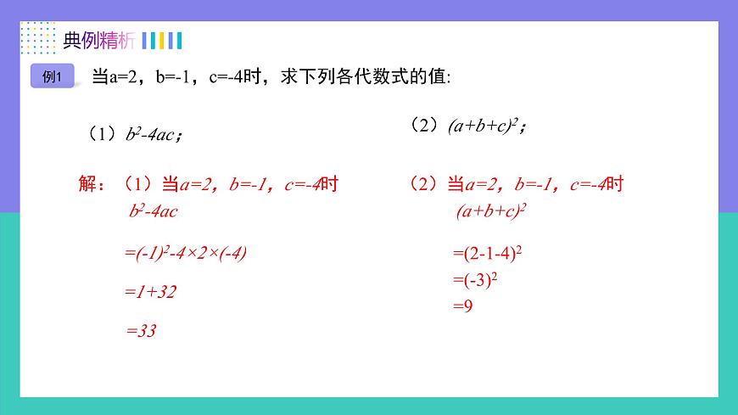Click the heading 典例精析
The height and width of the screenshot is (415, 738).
click(98, 41)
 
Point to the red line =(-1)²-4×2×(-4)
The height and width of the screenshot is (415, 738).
click(185, 252)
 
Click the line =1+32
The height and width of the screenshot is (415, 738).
click(150, 292)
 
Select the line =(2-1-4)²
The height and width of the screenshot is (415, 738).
click(487, 253)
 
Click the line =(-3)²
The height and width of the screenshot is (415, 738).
click(475, 279)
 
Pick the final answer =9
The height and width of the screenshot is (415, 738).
click(462, 306)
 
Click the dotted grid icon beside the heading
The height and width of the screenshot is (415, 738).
click(37, 39)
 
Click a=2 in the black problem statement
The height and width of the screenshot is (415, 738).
click(126, 76)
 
